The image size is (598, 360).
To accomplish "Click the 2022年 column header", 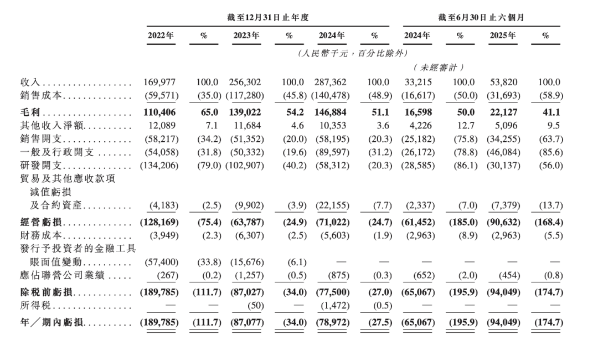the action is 161,36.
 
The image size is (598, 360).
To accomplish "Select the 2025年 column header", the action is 503,36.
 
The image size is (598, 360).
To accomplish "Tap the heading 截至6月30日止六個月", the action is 481,18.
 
